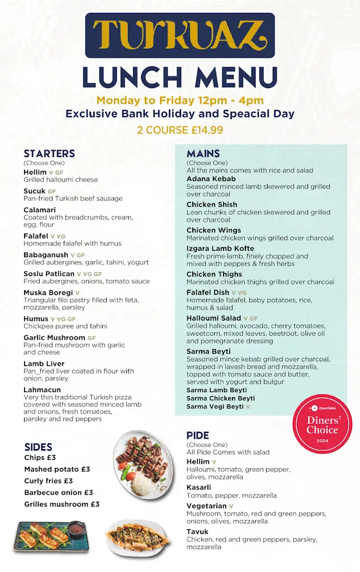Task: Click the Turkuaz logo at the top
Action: click(180, 35)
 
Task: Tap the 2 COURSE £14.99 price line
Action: click(180, 130)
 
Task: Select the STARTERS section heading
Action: click(49, 154)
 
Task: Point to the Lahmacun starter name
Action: click(42, 390)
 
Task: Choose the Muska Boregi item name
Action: click(48, 292)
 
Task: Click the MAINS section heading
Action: click(203, 154)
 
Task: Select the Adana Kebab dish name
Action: click(211, 179)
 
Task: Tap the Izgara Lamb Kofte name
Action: click(220, 249)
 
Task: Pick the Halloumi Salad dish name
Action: click(214, 318)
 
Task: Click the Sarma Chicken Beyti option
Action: click(221, 398)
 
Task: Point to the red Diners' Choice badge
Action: click(323, 424)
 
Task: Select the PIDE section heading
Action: click(198, 436)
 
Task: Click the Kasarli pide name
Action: click(199, 488)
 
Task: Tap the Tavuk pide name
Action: click(197, 532)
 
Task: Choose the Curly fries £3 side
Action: click(49, 481)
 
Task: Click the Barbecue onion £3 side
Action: click(59, 493)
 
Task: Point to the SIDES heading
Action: click(39, 447)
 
